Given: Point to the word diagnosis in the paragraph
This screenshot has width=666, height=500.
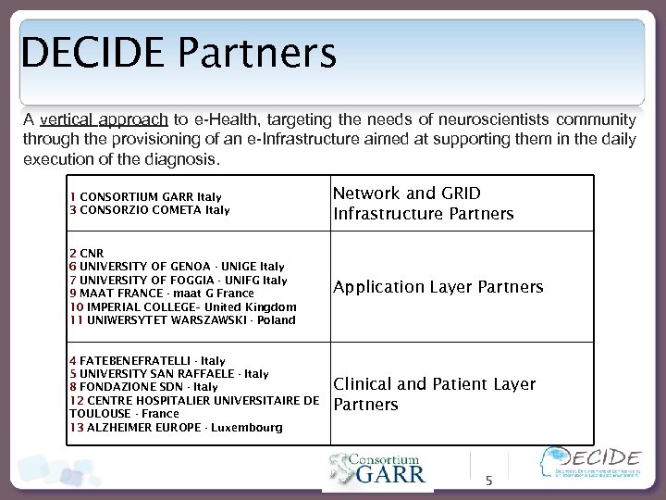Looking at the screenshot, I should tap(185, 158).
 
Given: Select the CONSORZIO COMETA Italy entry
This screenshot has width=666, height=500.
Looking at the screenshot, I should tap(149, 209).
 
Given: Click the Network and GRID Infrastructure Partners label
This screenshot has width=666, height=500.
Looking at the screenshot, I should tap(423, 204).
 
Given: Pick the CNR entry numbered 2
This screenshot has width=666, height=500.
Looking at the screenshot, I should tap(86, 252).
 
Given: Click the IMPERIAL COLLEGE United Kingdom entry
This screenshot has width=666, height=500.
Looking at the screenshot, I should tap(182, 306).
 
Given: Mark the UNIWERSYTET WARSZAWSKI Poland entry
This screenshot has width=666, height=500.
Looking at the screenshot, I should tap(182, 320).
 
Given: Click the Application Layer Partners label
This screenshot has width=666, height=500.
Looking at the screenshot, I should tap(438, 287).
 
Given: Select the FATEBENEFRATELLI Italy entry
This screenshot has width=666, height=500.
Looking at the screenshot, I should tap(147, 360).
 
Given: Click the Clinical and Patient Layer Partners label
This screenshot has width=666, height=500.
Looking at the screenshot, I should tap(434, 394).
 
